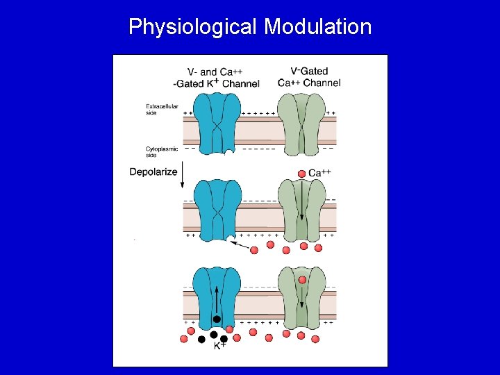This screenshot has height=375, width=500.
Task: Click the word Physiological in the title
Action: [192, 27]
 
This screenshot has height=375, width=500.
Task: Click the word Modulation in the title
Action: [318, 27]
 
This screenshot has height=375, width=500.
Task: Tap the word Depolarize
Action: [153, 172]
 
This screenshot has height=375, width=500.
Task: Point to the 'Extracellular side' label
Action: [160, 109]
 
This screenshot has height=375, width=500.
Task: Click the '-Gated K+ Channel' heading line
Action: [217, 84]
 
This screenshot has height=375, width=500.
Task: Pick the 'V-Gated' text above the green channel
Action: [309, 72]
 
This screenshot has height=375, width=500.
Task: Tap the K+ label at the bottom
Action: [219, 346]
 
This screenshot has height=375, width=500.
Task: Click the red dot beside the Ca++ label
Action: [301, 173]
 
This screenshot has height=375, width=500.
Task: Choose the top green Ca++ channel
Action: [301, 125]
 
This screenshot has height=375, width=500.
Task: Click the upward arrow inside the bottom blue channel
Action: [217, 299]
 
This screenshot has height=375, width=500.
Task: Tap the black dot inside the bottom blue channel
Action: [217, 319]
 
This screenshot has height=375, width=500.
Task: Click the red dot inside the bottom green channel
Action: [302, 280]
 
